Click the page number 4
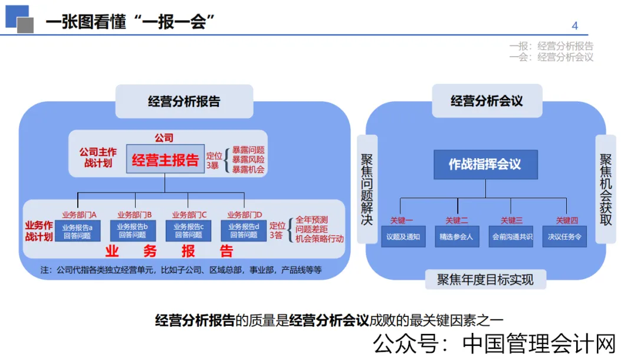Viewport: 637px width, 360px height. click(575, 25)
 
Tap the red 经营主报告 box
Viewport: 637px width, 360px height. click(165, 160)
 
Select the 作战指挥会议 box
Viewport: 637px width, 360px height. click(485, 165)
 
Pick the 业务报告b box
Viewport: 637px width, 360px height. click(132, 231)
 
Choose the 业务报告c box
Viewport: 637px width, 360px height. click(188, 231)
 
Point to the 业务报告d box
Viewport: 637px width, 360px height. click(244, 231)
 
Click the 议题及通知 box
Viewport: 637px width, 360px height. click(403, 237)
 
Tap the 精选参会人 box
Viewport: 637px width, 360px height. click(457, 237)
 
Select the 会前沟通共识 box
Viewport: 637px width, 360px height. click(511, 237)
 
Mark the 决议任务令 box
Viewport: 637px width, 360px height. click(565, 237)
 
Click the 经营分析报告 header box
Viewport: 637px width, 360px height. click(184, 101)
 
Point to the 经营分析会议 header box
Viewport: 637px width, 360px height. click(487, 101)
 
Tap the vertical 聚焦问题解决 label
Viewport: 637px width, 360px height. click(367, 189)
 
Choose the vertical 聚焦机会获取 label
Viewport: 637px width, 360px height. click(606, 189)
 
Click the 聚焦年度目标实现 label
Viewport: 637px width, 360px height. click(485, 279)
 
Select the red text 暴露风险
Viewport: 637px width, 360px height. click(248, 160)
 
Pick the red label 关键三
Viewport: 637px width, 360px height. click(511, 221)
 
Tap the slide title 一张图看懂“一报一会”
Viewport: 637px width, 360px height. click(130, 22)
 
